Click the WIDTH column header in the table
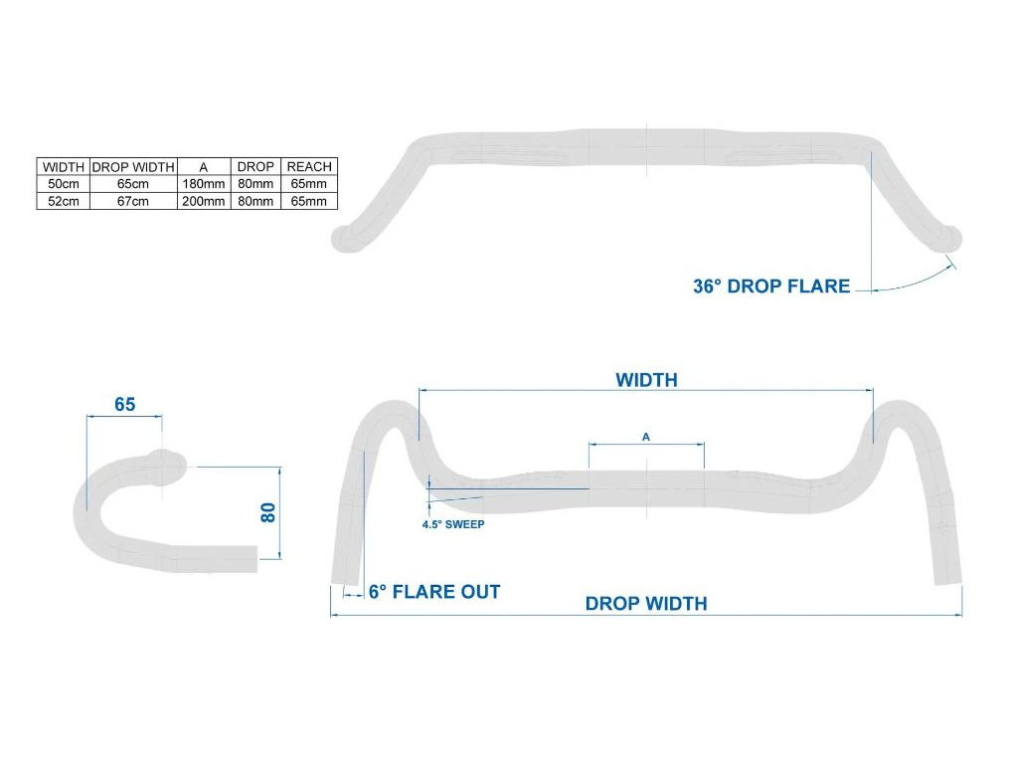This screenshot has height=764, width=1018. click(64, 167)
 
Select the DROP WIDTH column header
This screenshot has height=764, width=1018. click(133, 167)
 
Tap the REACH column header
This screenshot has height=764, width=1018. click(309, 167)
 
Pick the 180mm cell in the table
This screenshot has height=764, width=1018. click(203, 184)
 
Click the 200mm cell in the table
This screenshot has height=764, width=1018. click(203, 201)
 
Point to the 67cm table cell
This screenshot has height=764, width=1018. click(133, 201)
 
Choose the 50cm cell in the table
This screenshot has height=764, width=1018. click(64, 184)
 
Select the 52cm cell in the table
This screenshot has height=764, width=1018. click(64, 201)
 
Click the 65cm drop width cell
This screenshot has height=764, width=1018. click(133, 184)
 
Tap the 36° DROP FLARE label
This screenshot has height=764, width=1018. click(771, 286)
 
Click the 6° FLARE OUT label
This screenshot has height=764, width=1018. click(434, 592)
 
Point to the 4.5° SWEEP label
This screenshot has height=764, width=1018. click(453, 524)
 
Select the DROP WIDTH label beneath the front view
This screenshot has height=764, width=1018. click(646, 604)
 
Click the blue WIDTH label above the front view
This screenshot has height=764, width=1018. click(646, 380)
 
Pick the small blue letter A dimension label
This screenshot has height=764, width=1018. click(646, 437)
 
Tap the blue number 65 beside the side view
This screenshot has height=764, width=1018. click(124, 405)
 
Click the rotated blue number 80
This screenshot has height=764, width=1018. click(266, 512)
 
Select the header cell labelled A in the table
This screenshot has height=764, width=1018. click(203, 167)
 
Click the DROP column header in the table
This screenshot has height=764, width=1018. click(255, 167)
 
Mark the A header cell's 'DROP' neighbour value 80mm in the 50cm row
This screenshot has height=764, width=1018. click(255, 184)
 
